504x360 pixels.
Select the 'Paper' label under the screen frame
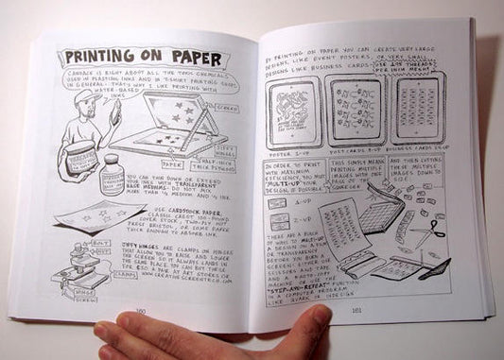point(172,163)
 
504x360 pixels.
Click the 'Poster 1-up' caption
point(285,150)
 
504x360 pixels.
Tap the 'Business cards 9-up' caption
point(411,149)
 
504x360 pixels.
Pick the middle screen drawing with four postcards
point(351,110)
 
